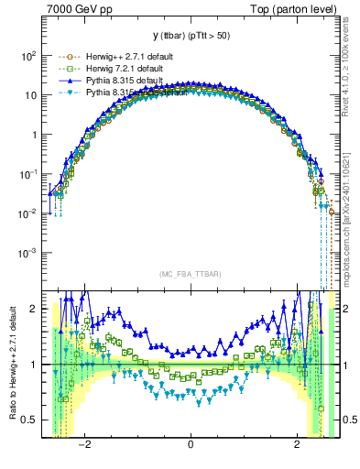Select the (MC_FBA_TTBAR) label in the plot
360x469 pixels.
[x=190, y=274]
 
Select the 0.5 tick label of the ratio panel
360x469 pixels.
[x=29, y=420]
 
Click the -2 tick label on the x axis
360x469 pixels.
[x=84, y=447]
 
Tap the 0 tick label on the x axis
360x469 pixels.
[x=191, y=447]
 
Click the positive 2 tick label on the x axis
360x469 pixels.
[x=297, y=447]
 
